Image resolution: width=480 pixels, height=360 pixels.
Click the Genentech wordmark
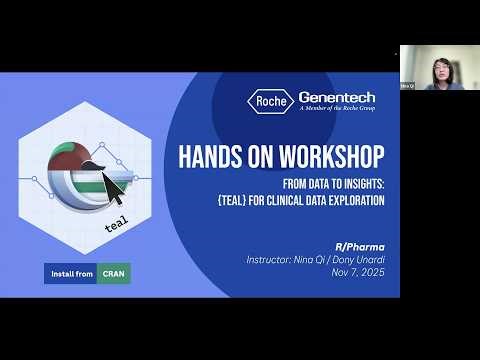337,97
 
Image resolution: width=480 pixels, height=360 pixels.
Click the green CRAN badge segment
113,273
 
